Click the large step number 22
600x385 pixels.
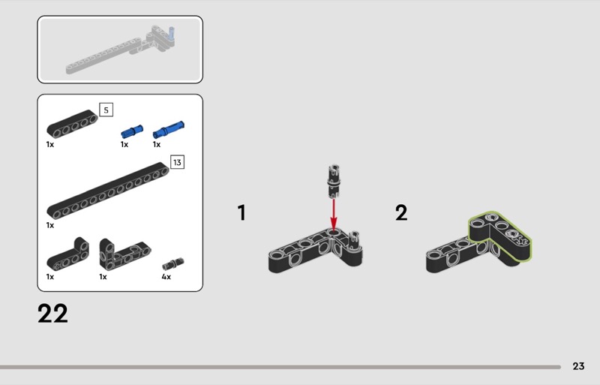coord(52,314)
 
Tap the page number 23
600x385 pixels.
coord(578,366)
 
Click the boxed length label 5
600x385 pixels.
coord(106,110)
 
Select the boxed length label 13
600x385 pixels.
coord(177,162)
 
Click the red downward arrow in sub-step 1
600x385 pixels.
coord(334,215)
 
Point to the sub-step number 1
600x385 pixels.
coord(241,212)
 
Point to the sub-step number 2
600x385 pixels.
coord(401,212)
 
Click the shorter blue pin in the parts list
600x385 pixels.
coord(132,131)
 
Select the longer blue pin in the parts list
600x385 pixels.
coord(168,130)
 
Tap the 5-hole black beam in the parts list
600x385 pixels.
coord(72,124)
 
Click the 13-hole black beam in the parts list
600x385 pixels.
coord(108,190)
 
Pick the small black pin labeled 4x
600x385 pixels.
coord(173,263)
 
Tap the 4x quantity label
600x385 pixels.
coord(166,277)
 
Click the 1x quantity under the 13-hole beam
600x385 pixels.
coord(50,225)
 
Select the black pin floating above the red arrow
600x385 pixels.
coord(334,181)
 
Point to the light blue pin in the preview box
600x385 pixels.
coord(172,34)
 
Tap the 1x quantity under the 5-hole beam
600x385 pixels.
coord(50,144)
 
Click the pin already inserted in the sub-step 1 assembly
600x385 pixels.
coord(354,240)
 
